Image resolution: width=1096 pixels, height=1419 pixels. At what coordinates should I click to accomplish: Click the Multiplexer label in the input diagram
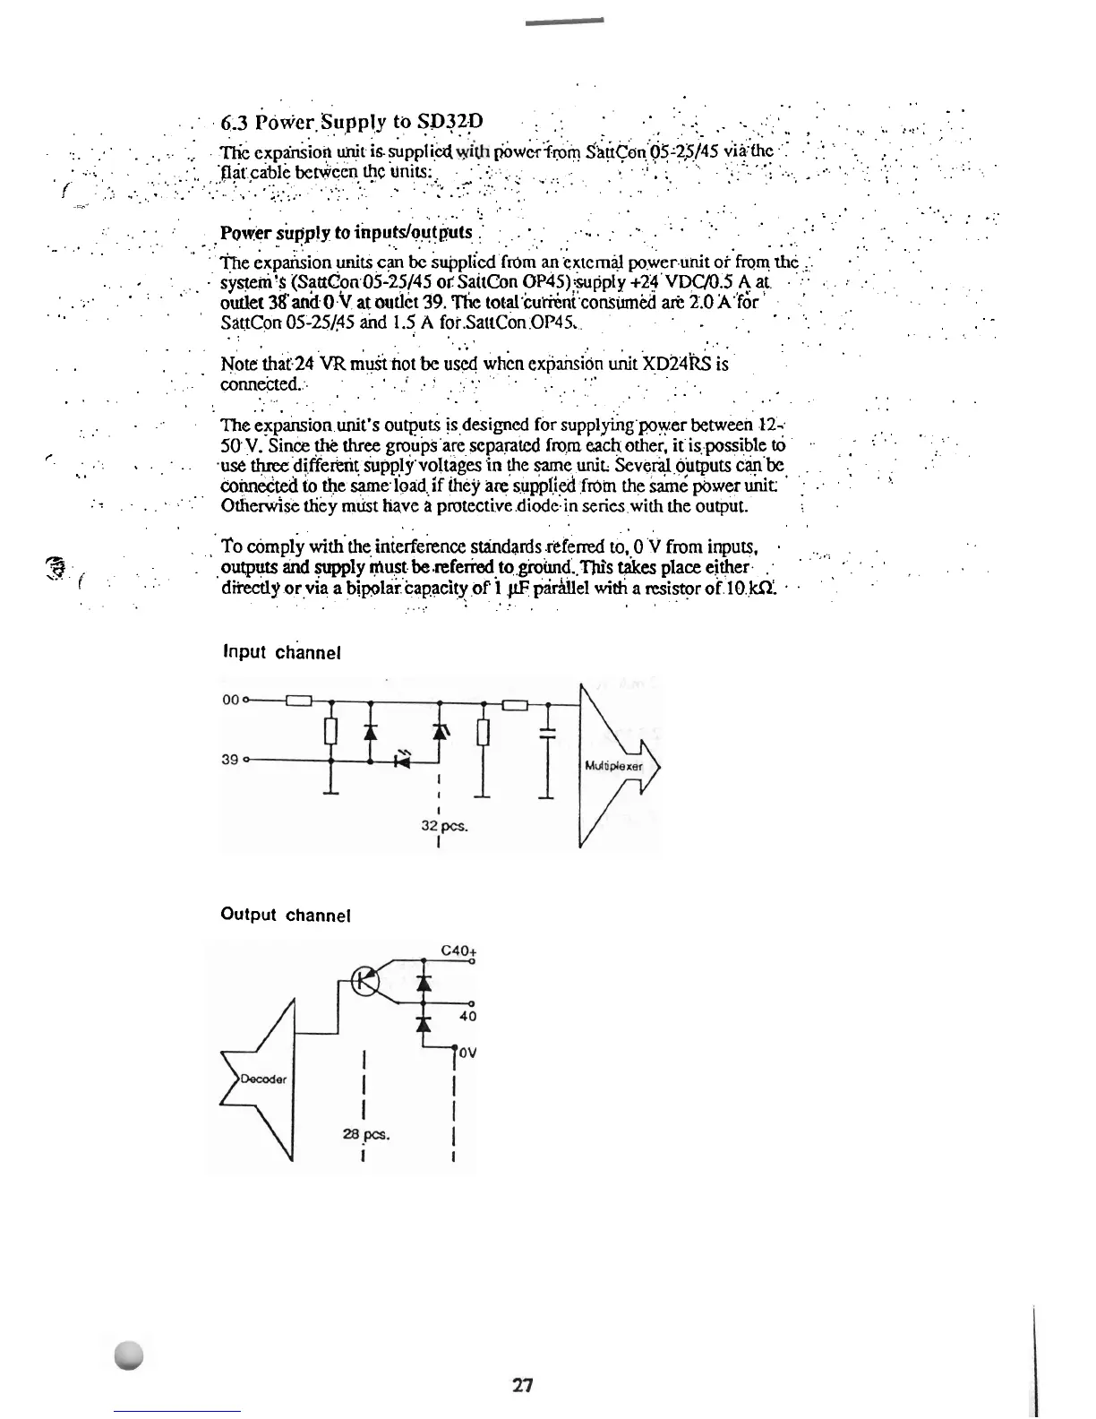click(613, 766)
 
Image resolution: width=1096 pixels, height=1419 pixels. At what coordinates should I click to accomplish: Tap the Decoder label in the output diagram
click(263, 1079)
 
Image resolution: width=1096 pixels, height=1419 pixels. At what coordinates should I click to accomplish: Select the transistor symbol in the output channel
click(365, 981)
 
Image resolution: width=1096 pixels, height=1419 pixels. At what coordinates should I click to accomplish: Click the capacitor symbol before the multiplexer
click(547, 733)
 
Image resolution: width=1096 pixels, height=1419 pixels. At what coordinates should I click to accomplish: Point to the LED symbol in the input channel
click(403, 761)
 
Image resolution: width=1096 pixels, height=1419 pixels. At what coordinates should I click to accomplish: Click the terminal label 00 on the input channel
click(229, 701)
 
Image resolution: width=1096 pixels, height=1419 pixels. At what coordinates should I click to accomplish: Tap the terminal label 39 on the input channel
click(229, 760)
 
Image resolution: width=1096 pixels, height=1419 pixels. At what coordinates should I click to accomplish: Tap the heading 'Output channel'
click(285, 915)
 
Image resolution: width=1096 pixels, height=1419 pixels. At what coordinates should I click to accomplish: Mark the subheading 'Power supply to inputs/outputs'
click(346, 233)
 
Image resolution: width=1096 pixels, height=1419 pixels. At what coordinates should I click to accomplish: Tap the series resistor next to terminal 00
click(297, 701)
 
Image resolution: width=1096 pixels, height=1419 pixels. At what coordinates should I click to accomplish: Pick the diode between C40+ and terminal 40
click(424, 983)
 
